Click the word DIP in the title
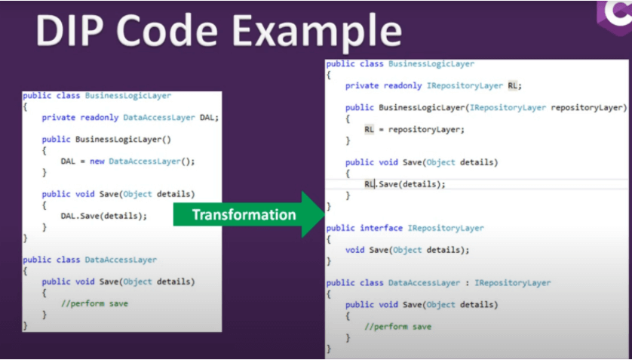click(73, 32)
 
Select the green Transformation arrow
click(250, 214)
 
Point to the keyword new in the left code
click(97, 162)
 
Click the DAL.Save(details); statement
click(104, 216)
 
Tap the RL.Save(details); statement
click(405, 184)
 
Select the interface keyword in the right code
click(382, 228)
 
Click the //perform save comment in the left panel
click(94, 303)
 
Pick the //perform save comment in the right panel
click(397, 327)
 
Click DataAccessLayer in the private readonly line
click(159, 118)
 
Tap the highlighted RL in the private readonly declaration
click(513, 86)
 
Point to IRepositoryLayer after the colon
click(512, 283)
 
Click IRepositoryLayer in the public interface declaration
click(446, 228)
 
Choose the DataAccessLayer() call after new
click(149, 162)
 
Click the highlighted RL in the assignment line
click(370, 130)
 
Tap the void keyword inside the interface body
click(355, 250)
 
